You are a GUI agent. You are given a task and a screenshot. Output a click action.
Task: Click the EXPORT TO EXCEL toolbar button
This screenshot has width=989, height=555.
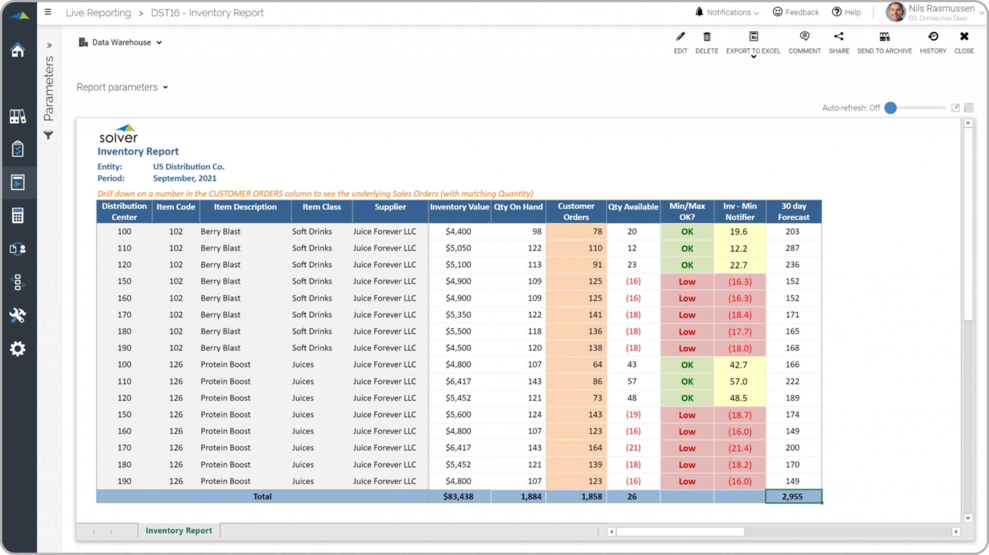(753, 42)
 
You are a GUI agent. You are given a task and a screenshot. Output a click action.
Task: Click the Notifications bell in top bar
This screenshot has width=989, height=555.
(699, 12)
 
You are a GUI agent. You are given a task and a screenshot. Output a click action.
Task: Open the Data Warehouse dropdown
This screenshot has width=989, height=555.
(121, 42)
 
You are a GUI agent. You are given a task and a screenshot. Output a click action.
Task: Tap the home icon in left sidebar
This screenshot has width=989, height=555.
(18, 50)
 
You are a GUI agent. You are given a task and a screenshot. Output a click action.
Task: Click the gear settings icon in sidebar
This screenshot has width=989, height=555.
(18, 348)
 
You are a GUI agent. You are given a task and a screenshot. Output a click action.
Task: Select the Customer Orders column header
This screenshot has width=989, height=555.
(576, 211)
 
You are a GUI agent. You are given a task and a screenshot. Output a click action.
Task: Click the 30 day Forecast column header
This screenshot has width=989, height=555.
(793, 211)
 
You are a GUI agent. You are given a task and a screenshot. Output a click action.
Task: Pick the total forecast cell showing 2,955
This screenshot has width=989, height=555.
(792, 496)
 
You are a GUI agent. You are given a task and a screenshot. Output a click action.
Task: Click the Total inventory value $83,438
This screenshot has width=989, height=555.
(458, 496)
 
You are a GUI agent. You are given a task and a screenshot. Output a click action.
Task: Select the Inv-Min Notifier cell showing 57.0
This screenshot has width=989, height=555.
(738, 381)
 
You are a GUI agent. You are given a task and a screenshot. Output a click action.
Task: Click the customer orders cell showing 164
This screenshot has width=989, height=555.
(594, 448)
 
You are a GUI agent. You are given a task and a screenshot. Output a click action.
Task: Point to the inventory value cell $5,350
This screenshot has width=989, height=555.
(458, 315)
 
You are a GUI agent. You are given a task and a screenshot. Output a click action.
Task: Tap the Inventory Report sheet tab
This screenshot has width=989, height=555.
(179, 530)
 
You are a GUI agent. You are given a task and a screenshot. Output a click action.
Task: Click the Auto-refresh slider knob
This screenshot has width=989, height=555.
(890, 108)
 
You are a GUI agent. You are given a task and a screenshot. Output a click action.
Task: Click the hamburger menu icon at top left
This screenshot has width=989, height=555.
(48, 12)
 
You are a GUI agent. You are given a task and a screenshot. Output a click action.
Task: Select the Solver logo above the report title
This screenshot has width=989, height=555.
(119, 134)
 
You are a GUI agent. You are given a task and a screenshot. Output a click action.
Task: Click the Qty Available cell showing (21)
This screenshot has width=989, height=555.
(633, 448)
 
